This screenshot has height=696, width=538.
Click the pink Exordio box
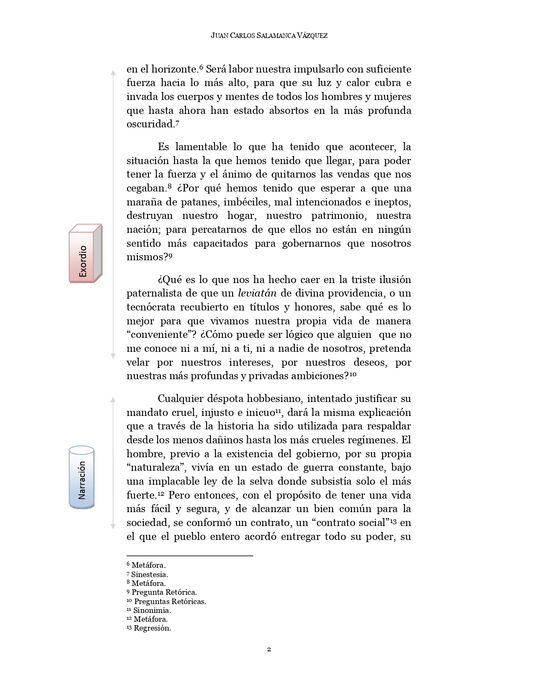[x=85, y=254]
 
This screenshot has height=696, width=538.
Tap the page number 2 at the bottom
[x=269, y=649]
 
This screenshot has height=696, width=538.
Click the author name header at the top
[x=269, y=36]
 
